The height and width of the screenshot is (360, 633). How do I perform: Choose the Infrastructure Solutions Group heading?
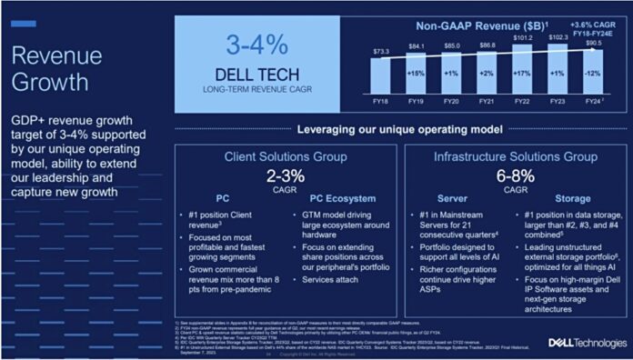pos(514,155)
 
